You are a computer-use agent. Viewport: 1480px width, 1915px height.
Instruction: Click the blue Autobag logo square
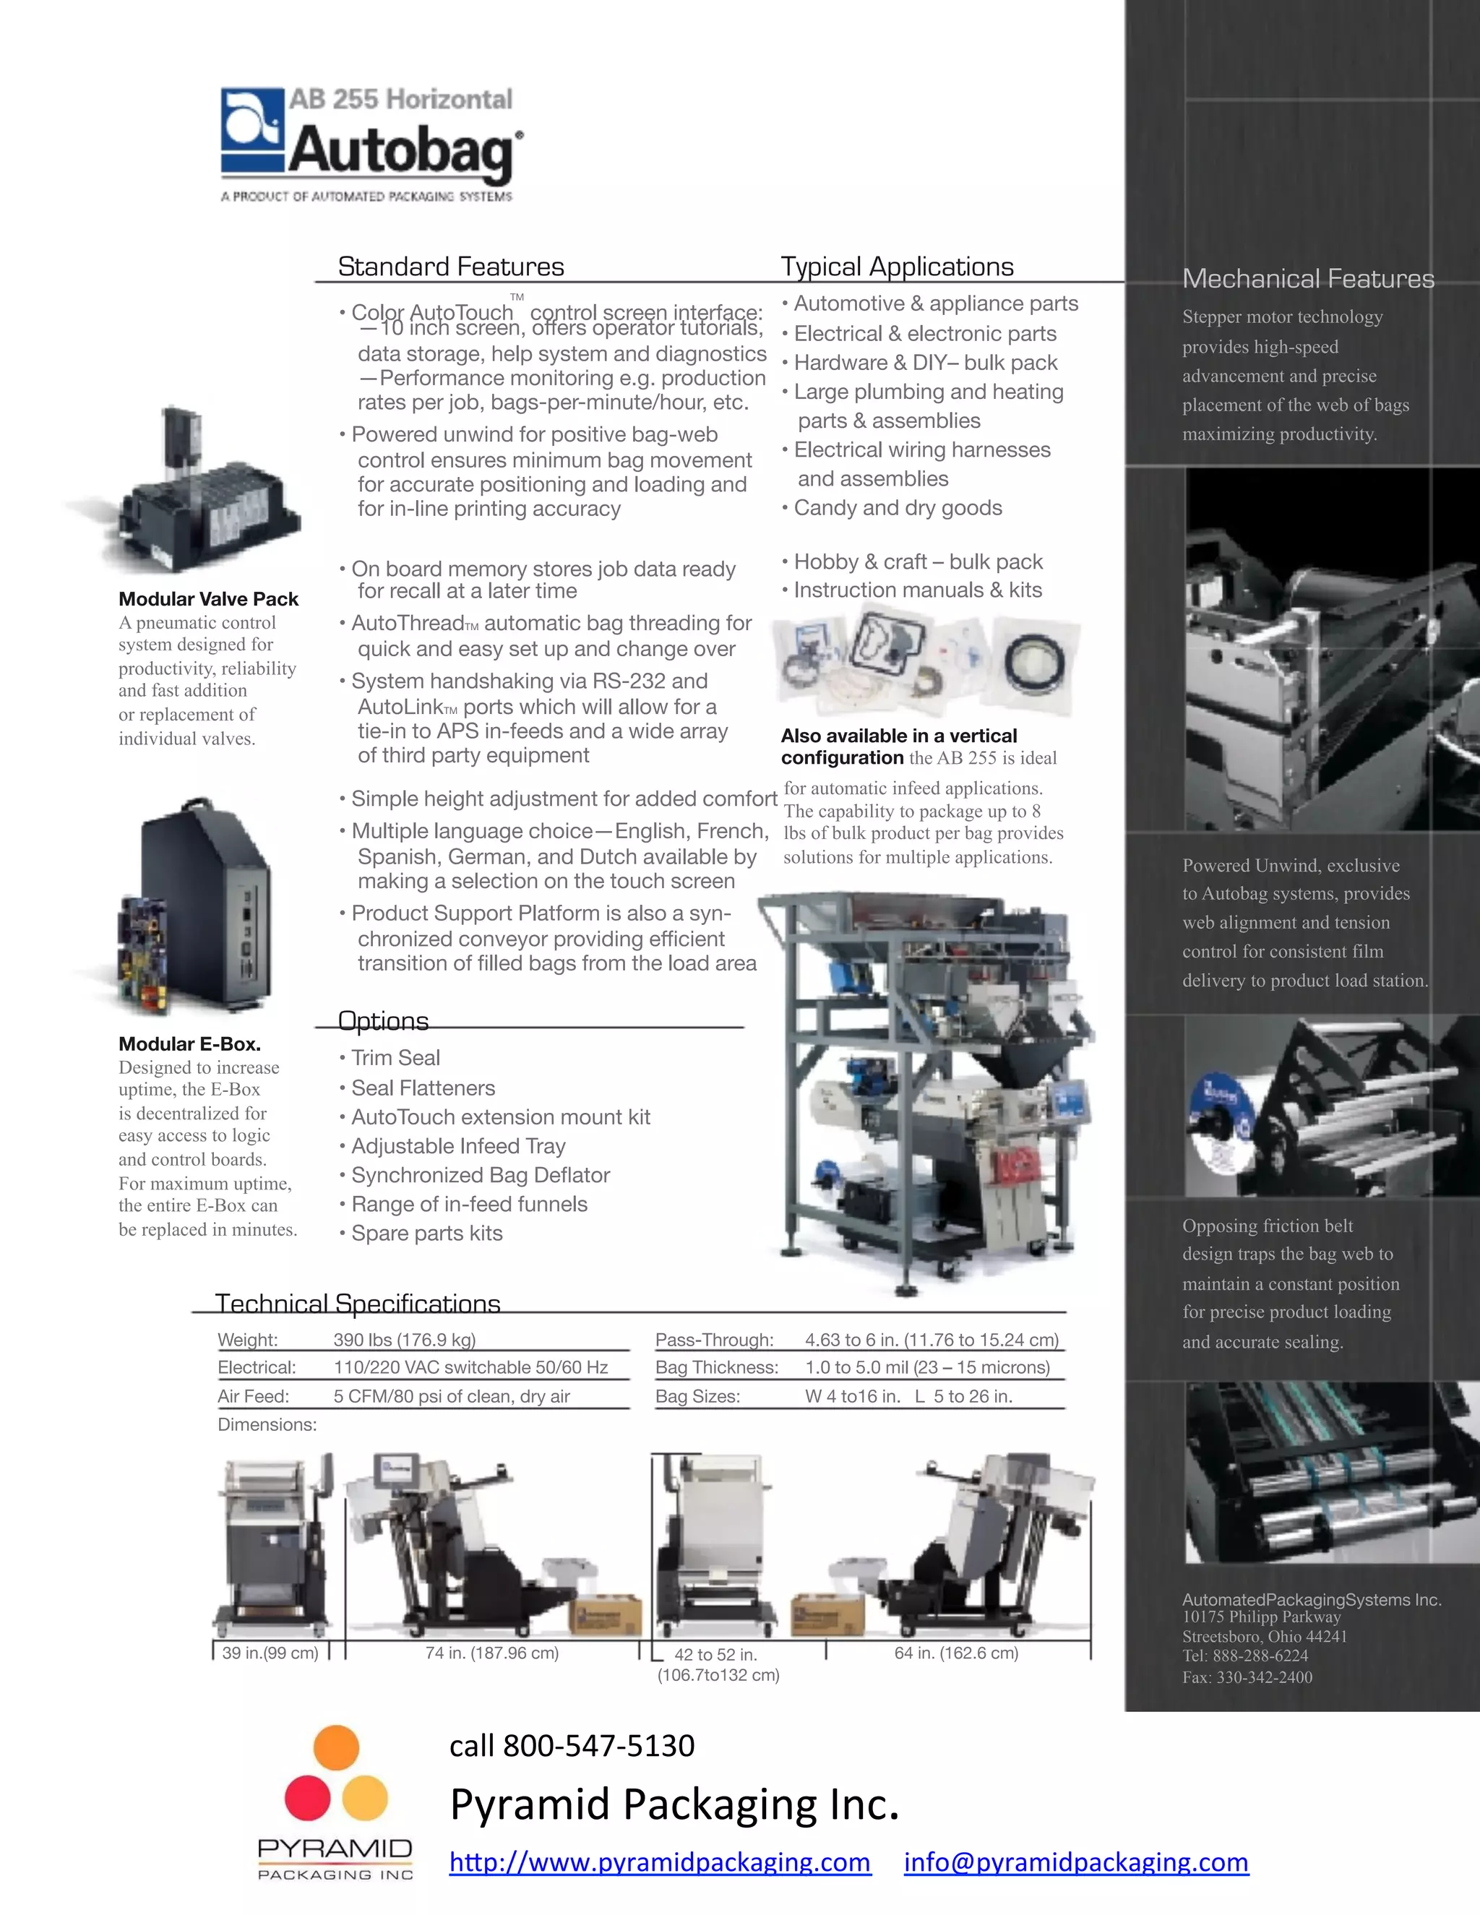pyautogui.click(x=252, y=130)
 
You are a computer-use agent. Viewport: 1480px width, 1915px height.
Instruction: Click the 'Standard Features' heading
pyautogui.click(x=451, y=267)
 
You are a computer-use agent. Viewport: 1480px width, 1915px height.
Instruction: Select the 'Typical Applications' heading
pyautogui.click(x=897, y=267)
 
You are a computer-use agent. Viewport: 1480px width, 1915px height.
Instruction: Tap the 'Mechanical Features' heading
pyautogui.click(x=1307, y=279)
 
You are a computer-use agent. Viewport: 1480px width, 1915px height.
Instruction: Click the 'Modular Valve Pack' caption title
pyautogui.click(x=209, y=599)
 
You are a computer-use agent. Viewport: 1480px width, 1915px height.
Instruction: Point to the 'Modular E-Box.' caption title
pyautogui.click(x=190, y=1043)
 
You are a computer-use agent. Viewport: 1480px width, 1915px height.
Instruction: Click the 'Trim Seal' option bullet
pyautogui.click(x=395, y=1057)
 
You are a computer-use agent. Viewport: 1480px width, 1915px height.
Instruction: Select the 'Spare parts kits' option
pyautogui.click(x=427, y=1233)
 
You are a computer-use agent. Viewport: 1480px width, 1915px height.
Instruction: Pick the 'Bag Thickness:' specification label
pyautogui.click(x=716, y=1368)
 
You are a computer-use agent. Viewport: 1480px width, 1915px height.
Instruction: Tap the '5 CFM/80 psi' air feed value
pyautogui.click(x=452, y=1396)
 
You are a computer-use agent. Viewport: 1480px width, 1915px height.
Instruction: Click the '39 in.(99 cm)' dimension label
pyautogui.click(x=270, y=1653)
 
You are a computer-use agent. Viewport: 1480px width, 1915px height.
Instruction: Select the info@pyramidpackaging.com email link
pyautogui.click(x=1076, y=1861)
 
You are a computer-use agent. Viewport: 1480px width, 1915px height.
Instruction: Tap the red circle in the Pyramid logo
pyautogui.click(x=307, y=1796)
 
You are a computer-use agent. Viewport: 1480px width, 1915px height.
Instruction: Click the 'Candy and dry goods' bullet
pyautogui.click(x=897, y=508)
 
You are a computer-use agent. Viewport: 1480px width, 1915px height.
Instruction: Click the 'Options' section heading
pyautogui.click(x=383, y=1020)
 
